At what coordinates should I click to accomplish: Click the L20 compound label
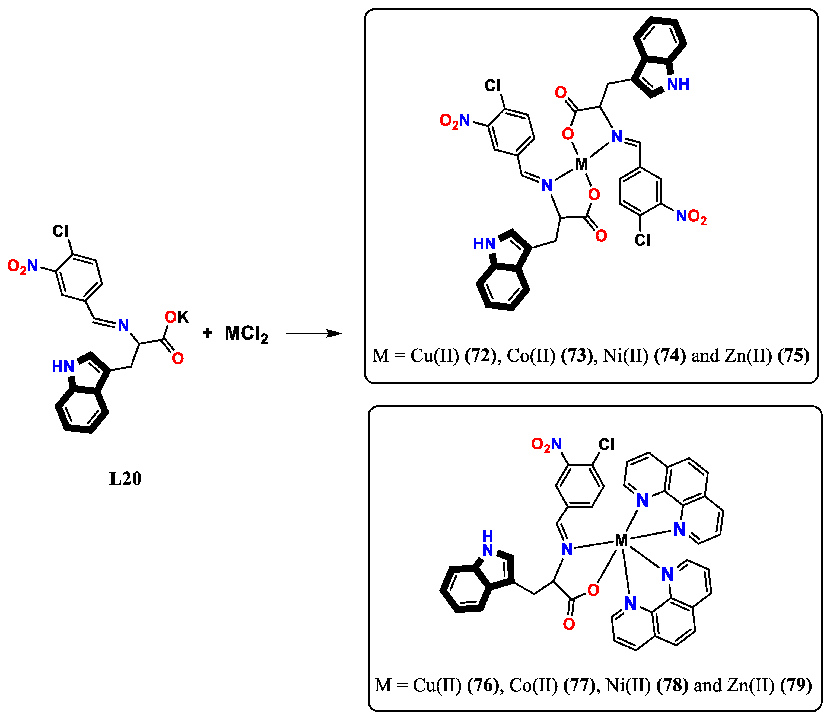[x=125, y=479]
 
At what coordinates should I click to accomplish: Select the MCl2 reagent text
[x=246, y=334]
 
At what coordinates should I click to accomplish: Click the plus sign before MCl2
[x=207, y=333]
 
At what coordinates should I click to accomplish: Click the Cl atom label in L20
[x=61, y=231]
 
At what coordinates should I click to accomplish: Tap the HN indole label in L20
[x=63, y=366]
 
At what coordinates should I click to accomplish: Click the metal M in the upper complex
[x=581, y=164]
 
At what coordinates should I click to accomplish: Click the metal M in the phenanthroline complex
[x=621, y=541]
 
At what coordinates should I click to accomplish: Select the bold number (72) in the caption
[x=481, y=356]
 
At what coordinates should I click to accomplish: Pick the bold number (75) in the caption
[x=793, y=356]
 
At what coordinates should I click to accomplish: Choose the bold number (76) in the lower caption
[x=483, y=685]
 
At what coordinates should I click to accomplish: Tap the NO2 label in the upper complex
[x=691, y=217]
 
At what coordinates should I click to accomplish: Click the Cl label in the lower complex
[x=606, y=445]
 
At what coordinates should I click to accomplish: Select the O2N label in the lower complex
[x=546, y=445]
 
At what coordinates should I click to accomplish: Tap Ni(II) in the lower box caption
[x=628, y=685]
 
